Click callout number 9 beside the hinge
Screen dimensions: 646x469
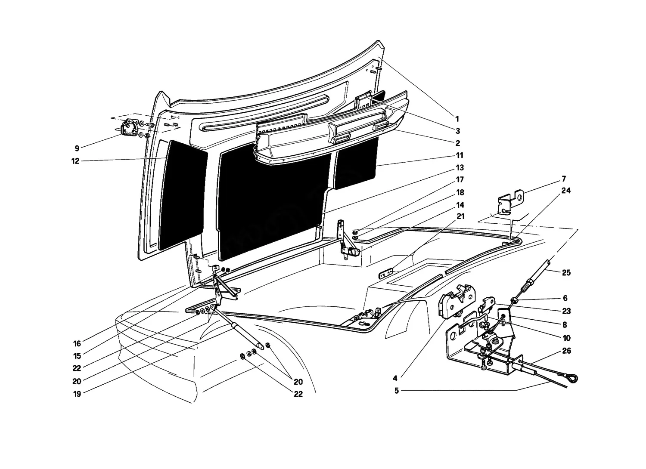coord(77,148)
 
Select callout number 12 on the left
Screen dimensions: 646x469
coord(75,161)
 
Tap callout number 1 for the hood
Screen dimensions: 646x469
coord(457,119)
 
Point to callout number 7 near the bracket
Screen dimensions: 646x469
coord(564,179)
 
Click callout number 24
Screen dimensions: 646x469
coord(566,191)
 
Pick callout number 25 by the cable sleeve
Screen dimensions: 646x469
coord(566,272)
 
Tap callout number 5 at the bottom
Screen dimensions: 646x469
coord(397,391)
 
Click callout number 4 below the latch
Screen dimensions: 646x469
coord(395,378)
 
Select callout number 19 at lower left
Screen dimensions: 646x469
coord(77,394)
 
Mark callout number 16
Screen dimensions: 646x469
coord(77,344)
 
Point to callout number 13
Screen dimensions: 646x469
coord(460,167)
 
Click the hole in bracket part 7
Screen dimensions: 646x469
coord(520,198)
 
